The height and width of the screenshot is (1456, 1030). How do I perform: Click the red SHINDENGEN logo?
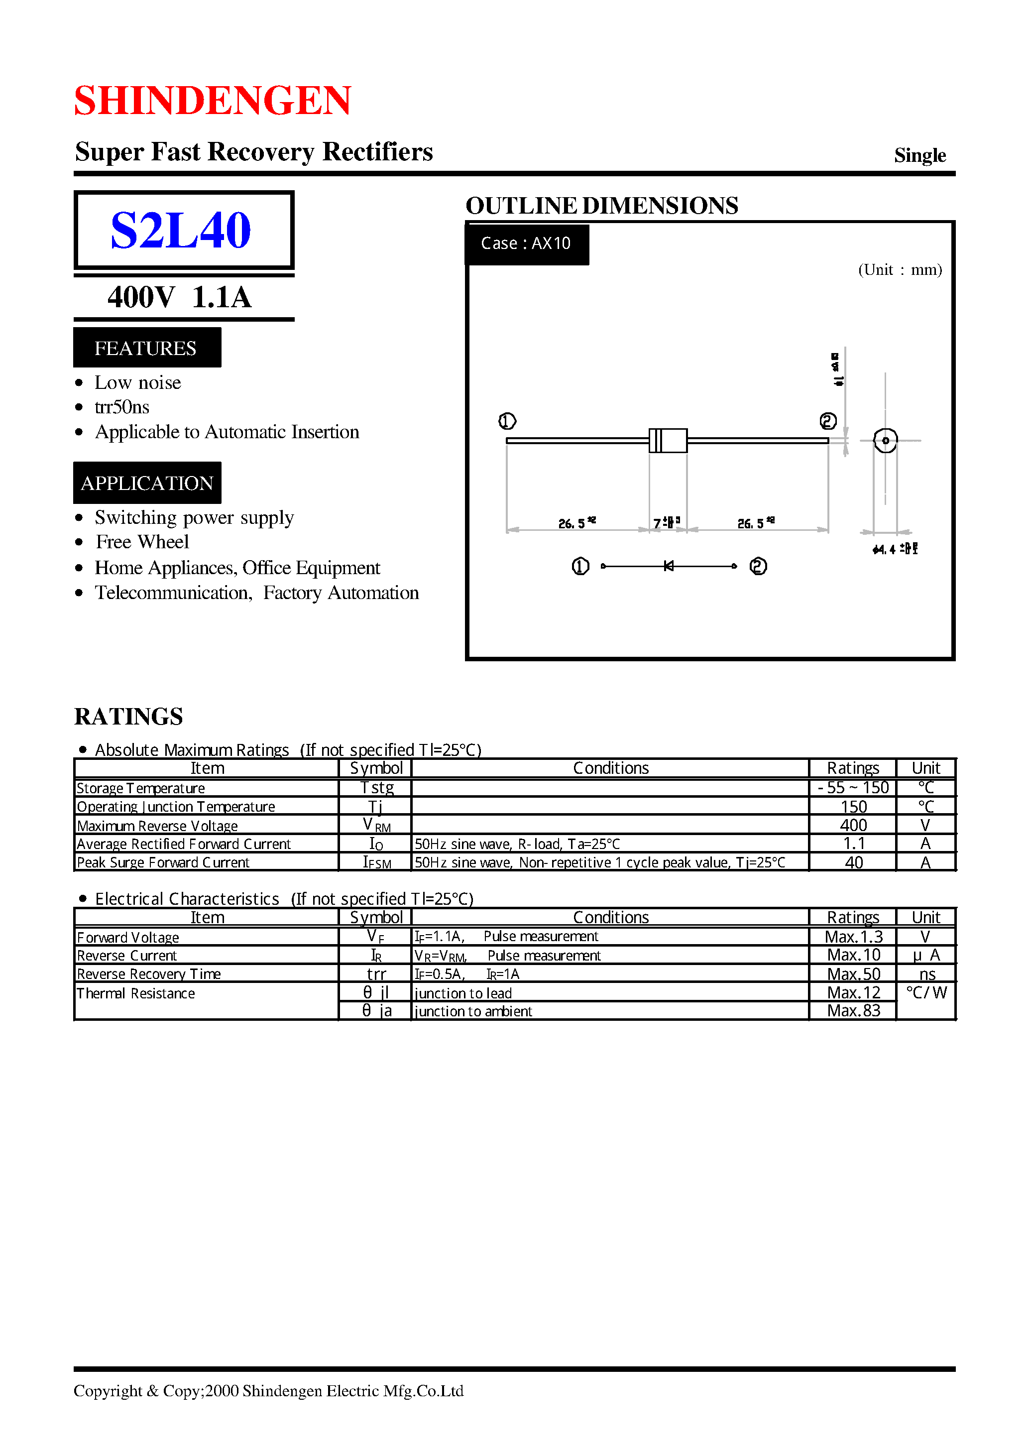point(213,100)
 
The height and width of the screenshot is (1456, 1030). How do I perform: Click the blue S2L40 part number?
point(181,230)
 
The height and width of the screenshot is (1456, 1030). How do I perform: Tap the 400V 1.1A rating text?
point(180,297)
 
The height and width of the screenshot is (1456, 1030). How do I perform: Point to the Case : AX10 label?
point(526,243)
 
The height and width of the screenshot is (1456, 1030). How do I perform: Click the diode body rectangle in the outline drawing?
point(668,440)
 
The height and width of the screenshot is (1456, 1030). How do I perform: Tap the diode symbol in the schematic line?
point(668,566)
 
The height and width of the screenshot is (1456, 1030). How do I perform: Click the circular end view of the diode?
point(886,440)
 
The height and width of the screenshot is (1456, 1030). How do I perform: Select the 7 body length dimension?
point(666,523)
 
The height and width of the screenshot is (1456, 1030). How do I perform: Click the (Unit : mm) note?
point(900,269)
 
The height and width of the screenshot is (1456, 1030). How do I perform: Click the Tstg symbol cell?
point(377,788)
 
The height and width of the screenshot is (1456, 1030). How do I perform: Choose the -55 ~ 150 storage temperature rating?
point(853,788)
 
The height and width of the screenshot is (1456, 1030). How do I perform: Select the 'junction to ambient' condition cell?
point(473,1011)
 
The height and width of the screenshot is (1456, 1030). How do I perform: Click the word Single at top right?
point(919,155)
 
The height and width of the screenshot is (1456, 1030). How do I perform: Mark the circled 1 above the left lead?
point(507,421)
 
